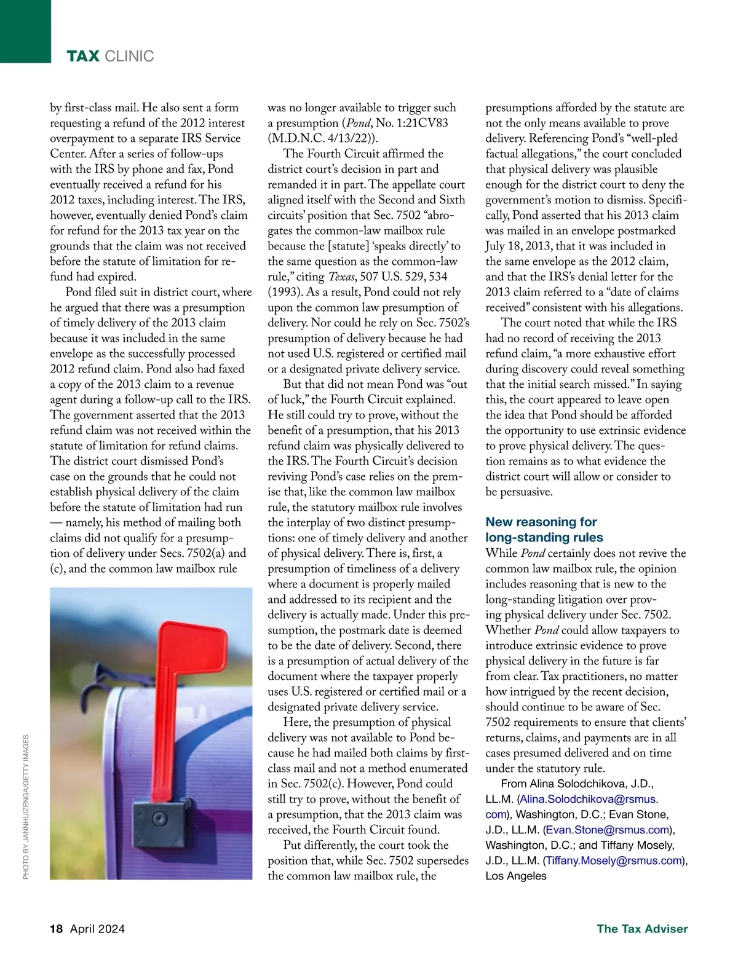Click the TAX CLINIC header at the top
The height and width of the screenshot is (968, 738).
coord(110,57)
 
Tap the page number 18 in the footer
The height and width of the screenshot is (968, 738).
coord(57,929)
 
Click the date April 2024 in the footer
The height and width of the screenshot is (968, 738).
coord(97,929)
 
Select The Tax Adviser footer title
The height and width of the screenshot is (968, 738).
coord(642,929)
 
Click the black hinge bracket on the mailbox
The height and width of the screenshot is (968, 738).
coord(159,819)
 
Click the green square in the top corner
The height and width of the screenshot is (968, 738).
coord(25,31)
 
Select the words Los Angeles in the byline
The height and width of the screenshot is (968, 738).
coord(516,876)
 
